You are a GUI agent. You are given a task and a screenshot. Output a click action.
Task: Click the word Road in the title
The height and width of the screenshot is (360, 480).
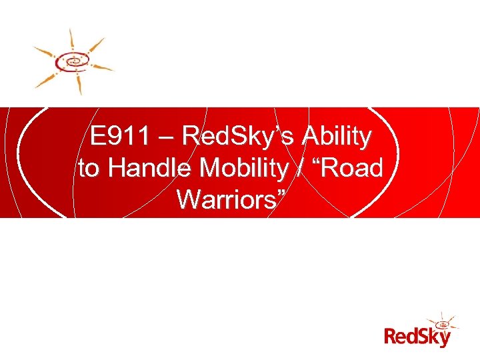point(353,167)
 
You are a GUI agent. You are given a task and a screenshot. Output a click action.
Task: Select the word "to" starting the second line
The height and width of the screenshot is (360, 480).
point(89,168)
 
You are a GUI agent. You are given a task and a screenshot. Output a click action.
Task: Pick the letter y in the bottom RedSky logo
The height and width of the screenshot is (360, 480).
point(444,338)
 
